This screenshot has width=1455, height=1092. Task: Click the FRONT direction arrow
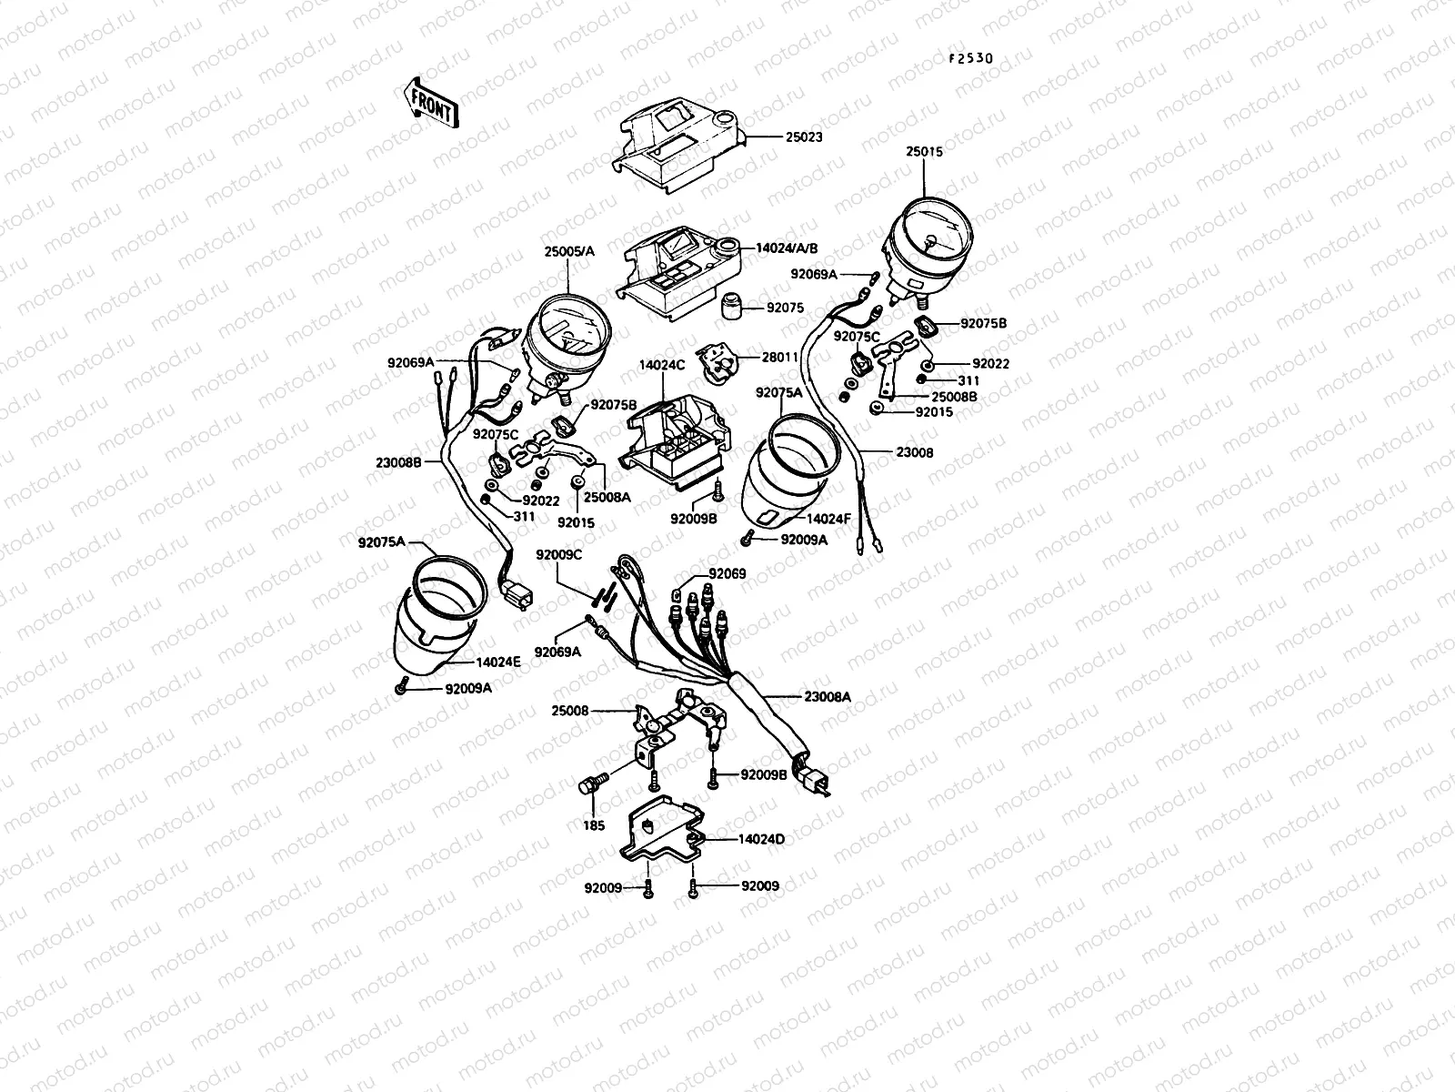pos(429,101)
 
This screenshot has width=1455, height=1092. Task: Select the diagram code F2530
pos(971,58)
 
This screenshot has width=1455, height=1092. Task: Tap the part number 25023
pos(804,138)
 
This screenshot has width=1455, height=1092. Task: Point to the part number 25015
pos(924,152)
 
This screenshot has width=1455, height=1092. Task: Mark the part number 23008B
pos(398,461)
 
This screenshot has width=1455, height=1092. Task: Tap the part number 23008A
pos(828,696)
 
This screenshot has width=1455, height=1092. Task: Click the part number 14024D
pos(762,839)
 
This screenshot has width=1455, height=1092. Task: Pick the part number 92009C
pos(557,554)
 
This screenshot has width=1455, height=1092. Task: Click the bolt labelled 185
pos(591,786)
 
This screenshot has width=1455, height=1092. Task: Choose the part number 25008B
pos(953,397)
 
